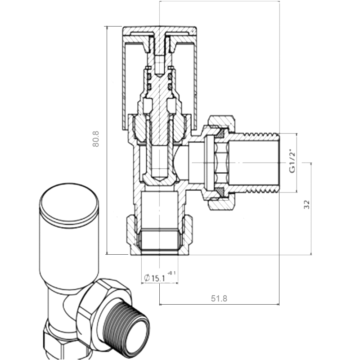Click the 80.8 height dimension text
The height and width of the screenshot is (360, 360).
[x=95, y=140]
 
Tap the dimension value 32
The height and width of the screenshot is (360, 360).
[x=306, y=205]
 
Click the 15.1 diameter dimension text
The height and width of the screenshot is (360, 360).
[x=158, y=279]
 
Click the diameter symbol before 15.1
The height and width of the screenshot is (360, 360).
[x=147, y=278]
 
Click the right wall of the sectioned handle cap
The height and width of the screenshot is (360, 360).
[x=195, y=76]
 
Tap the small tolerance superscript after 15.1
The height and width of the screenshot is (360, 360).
[x=171, y=273]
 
